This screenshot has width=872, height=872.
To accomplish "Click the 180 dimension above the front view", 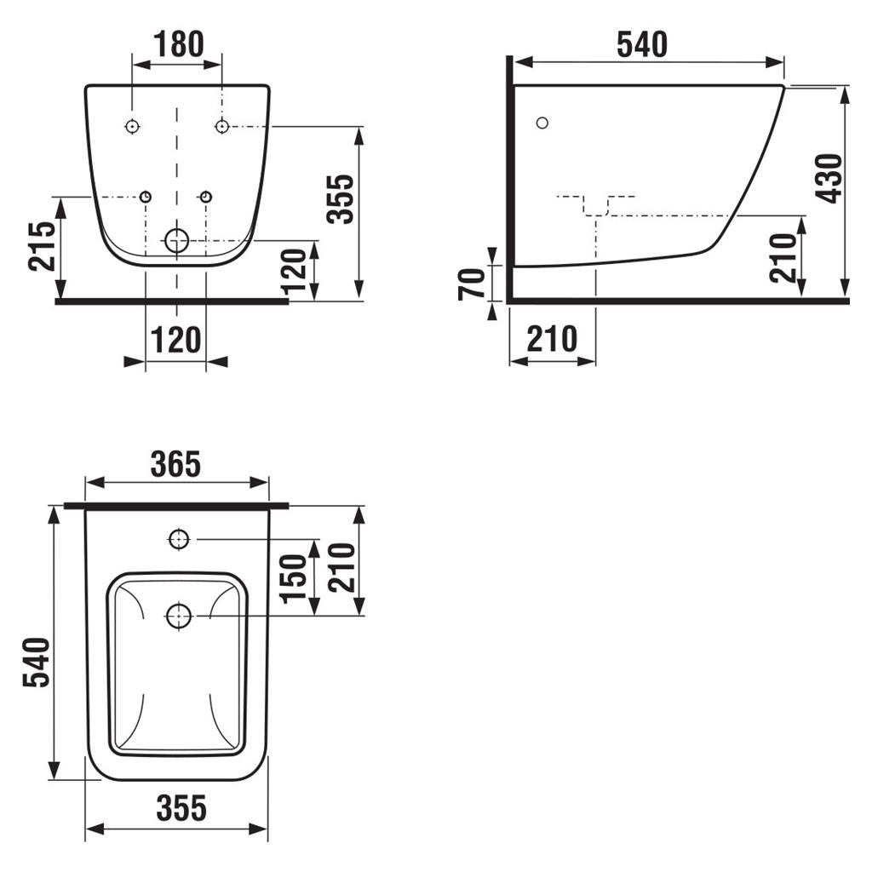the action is pyautogui.click(x=179, y=44).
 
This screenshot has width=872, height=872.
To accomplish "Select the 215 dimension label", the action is pyautogui.click(x=43, y=246).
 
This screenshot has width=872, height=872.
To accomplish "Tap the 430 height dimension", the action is pyautogui.click(x=829, y=179).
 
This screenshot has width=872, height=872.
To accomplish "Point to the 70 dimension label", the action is pyautogui.click(x=472, y=284).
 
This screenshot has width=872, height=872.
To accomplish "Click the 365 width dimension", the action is pyautogui.click(x=175, y=464).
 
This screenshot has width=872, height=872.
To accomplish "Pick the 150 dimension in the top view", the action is pyautogui.click(x=294, y=578).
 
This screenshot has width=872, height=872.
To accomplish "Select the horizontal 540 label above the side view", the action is pyautogui.click(x=642, y=44).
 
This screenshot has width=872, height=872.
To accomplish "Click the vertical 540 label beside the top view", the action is pyautogui.click(x=37, y=663).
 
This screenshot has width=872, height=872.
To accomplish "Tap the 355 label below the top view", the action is pyautogui.click(x=181, y=808).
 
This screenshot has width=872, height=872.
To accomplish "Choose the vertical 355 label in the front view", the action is pyautogui.click(x=340, y=199).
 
